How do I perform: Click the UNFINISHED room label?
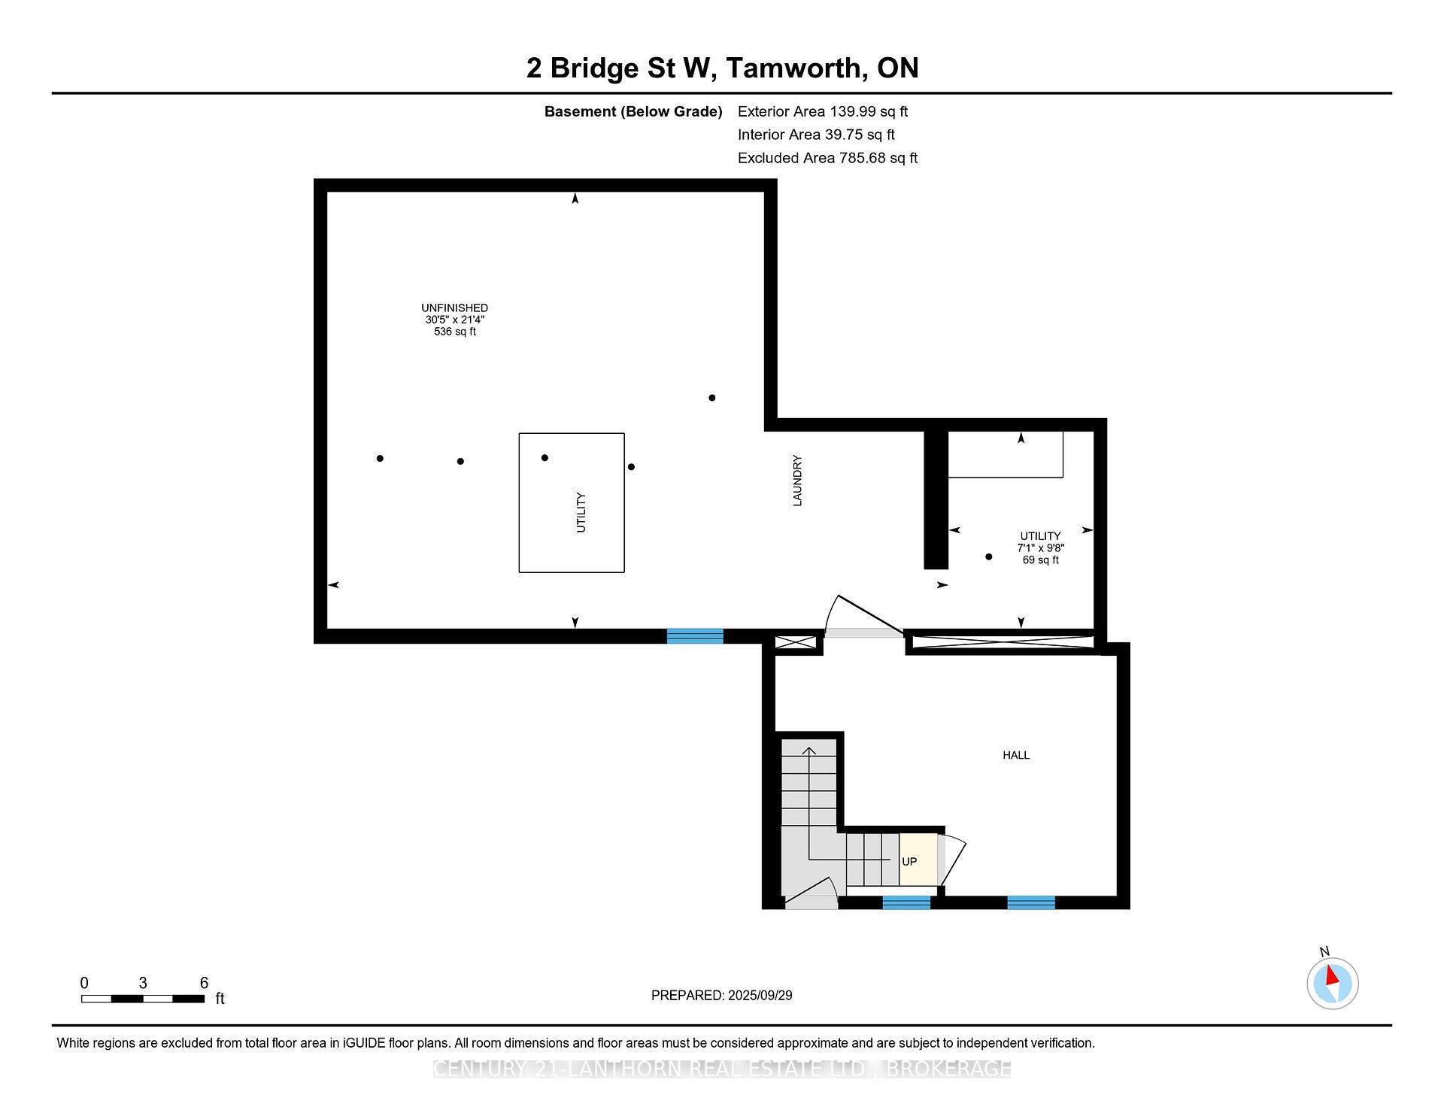(454, 308)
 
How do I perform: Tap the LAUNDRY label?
(798, 481)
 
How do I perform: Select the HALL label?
(1015, 755)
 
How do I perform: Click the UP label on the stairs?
(909, 862)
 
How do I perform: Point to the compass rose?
(1332, 983)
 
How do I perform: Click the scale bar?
(143, 999)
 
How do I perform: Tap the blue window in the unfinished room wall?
(695, 636)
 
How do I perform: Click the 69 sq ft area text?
(1040, 560)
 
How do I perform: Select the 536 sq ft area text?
(454, 332)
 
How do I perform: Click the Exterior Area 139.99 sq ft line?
(822, 111)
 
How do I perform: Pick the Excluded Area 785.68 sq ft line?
(827, 158)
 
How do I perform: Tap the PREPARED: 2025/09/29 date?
(721, 995)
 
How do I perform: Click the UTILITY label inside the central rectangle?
(581, 512)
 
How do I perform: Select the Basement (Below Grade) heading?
(633, 111)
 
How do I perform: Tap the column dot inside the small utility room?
(988, 556)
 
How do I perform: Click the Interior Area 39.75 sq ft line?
(816, 135)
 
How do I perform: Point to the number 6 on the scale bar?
(204, 982)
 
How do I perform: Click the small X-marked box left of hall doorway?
(795, 643)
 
